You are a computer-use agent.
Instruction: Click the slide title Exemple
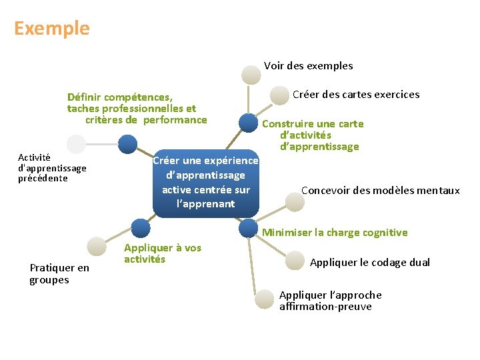[51, 28]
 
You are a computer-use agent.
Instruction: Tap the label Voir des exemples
[308, 65]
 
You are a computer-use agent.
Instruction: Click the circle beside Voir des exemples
[251, 74]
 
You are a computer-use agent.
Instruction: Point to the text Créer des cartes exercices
[356, 94]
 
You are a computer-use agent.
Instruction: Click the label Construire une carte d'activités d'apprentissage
[313, 135]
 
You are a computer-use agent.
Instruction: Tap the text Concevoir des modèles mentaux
[380, 191]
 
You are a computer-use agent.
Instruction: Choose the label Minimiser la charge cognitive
[335, 233]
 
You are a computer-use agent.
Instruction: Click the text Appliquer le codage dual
[370, 262]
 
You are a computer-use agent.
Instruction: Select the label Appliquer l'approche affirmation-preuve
[330, 301]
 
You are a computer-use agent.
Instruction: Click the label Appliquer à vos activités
[162, 253]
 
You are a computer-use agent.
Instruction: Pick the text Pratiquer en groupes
[59, 274]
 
